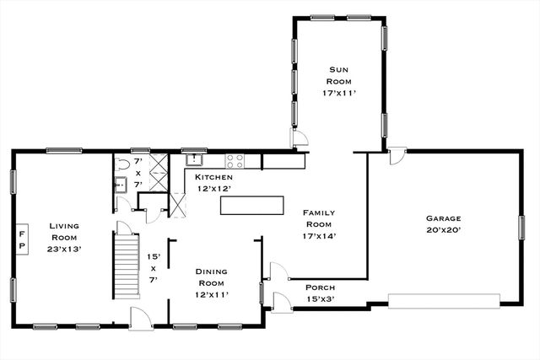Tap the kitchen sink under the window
pyautogui.click(x=196, y=158)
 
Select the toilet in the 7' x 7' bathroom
pyautogui.click(x=122, y=164)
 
